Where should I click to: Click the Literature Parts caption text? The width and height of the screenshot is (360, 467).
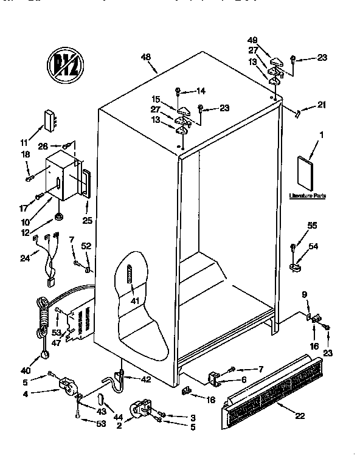(x=308, y=196)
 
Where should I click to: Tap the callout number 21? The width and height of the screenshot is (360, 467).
(x=322, y=106)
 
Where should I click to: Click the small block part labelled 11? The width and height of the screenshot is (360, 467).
(x=49, y=120)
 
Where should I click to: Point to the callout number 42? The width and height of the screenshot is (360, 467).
(x=147, y=379)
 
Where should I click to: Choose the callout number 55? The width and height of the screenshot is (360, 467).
(x=313, y=225)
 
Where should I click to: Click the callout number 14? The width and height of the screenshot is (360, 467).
(x=201, y=91)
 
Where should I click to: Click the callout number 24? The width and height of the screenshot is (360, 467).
(x=24, y=257)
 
